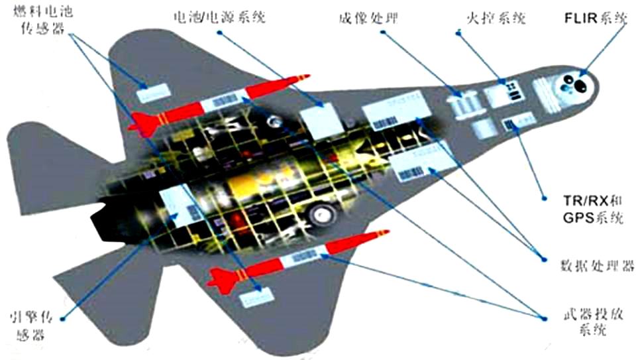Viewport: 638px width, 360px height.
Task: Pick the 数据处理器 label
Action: click(594, 266)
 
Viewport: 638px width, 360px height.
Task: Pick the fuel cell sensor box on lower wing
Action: click(254, 296)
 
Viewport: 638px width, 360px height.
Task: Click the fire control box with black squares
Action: click(506, 93)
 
